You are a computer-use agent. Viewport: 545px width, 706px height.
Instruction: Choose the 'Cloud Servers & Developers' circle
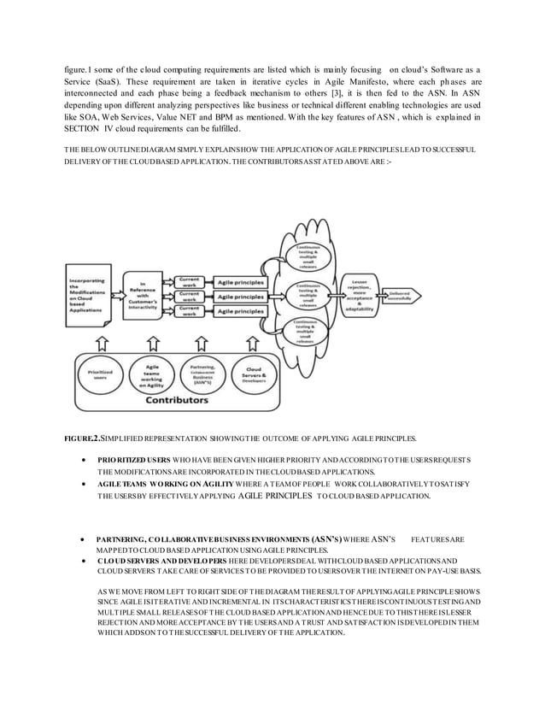tap(252, 374)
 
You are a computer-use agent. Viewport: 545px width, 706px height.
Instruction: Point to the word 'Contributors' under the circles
tap(179, 398)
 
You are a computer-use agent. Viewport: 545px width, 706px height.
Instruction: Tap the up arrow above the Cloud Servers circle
tap(254, 343)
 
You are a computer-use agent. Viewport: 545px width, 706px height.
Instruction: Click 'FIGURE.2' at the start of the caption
tap(83, 439)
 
